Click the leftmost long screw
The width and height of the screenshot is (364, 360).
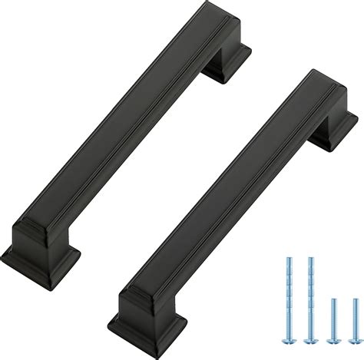[x=289, y=292]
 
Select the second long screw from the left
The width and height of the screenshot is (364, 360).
[x=310, y=292]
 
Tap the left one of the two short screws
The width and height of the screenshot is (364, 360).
[x=333, y=311]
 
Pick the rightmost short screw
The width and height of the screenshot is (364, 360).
[x=355, y=311]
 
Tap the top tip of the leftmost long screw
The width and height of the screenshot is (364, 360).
[x=289, y=259]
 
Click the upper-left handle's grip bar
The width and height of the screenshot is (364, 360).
[x=123, y=123]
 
